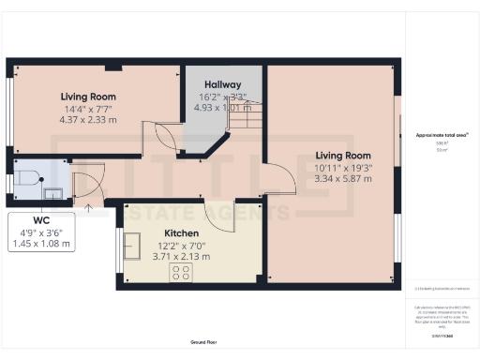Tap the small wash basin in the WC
click(54, 193)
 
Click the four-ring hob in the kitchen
click(181, 272)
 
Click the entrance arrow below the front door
click(88, 210)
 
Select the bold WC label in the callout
click(40, 222)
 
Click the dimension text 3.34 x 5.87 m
click(343, 178)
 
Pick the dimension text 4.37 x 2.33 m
click(88, 120)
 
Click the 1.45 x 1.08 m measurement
click(40, 245)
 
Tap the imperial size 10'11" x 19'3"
click(343, 167)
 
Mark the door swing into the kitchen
click(218, 213)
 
